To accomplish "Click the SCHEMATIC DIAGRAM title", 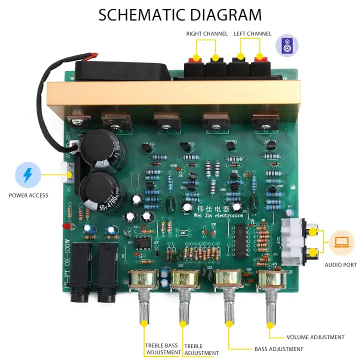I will [x=180, y=14].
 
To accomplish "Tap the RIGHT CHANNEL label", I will [x=207, y=34].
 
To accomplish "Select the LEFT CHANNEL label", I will [x=252, y=34].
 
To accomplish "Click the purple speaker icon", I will [x=287, y=45].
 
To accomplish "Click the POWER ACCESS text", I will [x=28, y=195].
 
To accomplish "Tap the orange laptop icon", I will [x=342, y=242].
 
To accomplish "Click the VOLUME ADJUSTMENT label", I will [x=315, y=337].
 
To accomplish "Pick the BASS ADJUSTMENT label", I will [x=278, y=349].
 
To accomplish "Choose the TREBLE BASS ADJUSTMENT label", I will [x=163, y=349].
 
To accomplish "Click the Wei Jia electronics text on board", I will [x=218, y=213].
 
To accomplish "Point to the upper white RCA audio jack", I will [x=312, y=231].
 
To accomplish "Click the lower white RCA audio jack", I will [x=312, y=253].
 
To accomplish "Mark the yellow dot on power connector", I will [x=69, y=175].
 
